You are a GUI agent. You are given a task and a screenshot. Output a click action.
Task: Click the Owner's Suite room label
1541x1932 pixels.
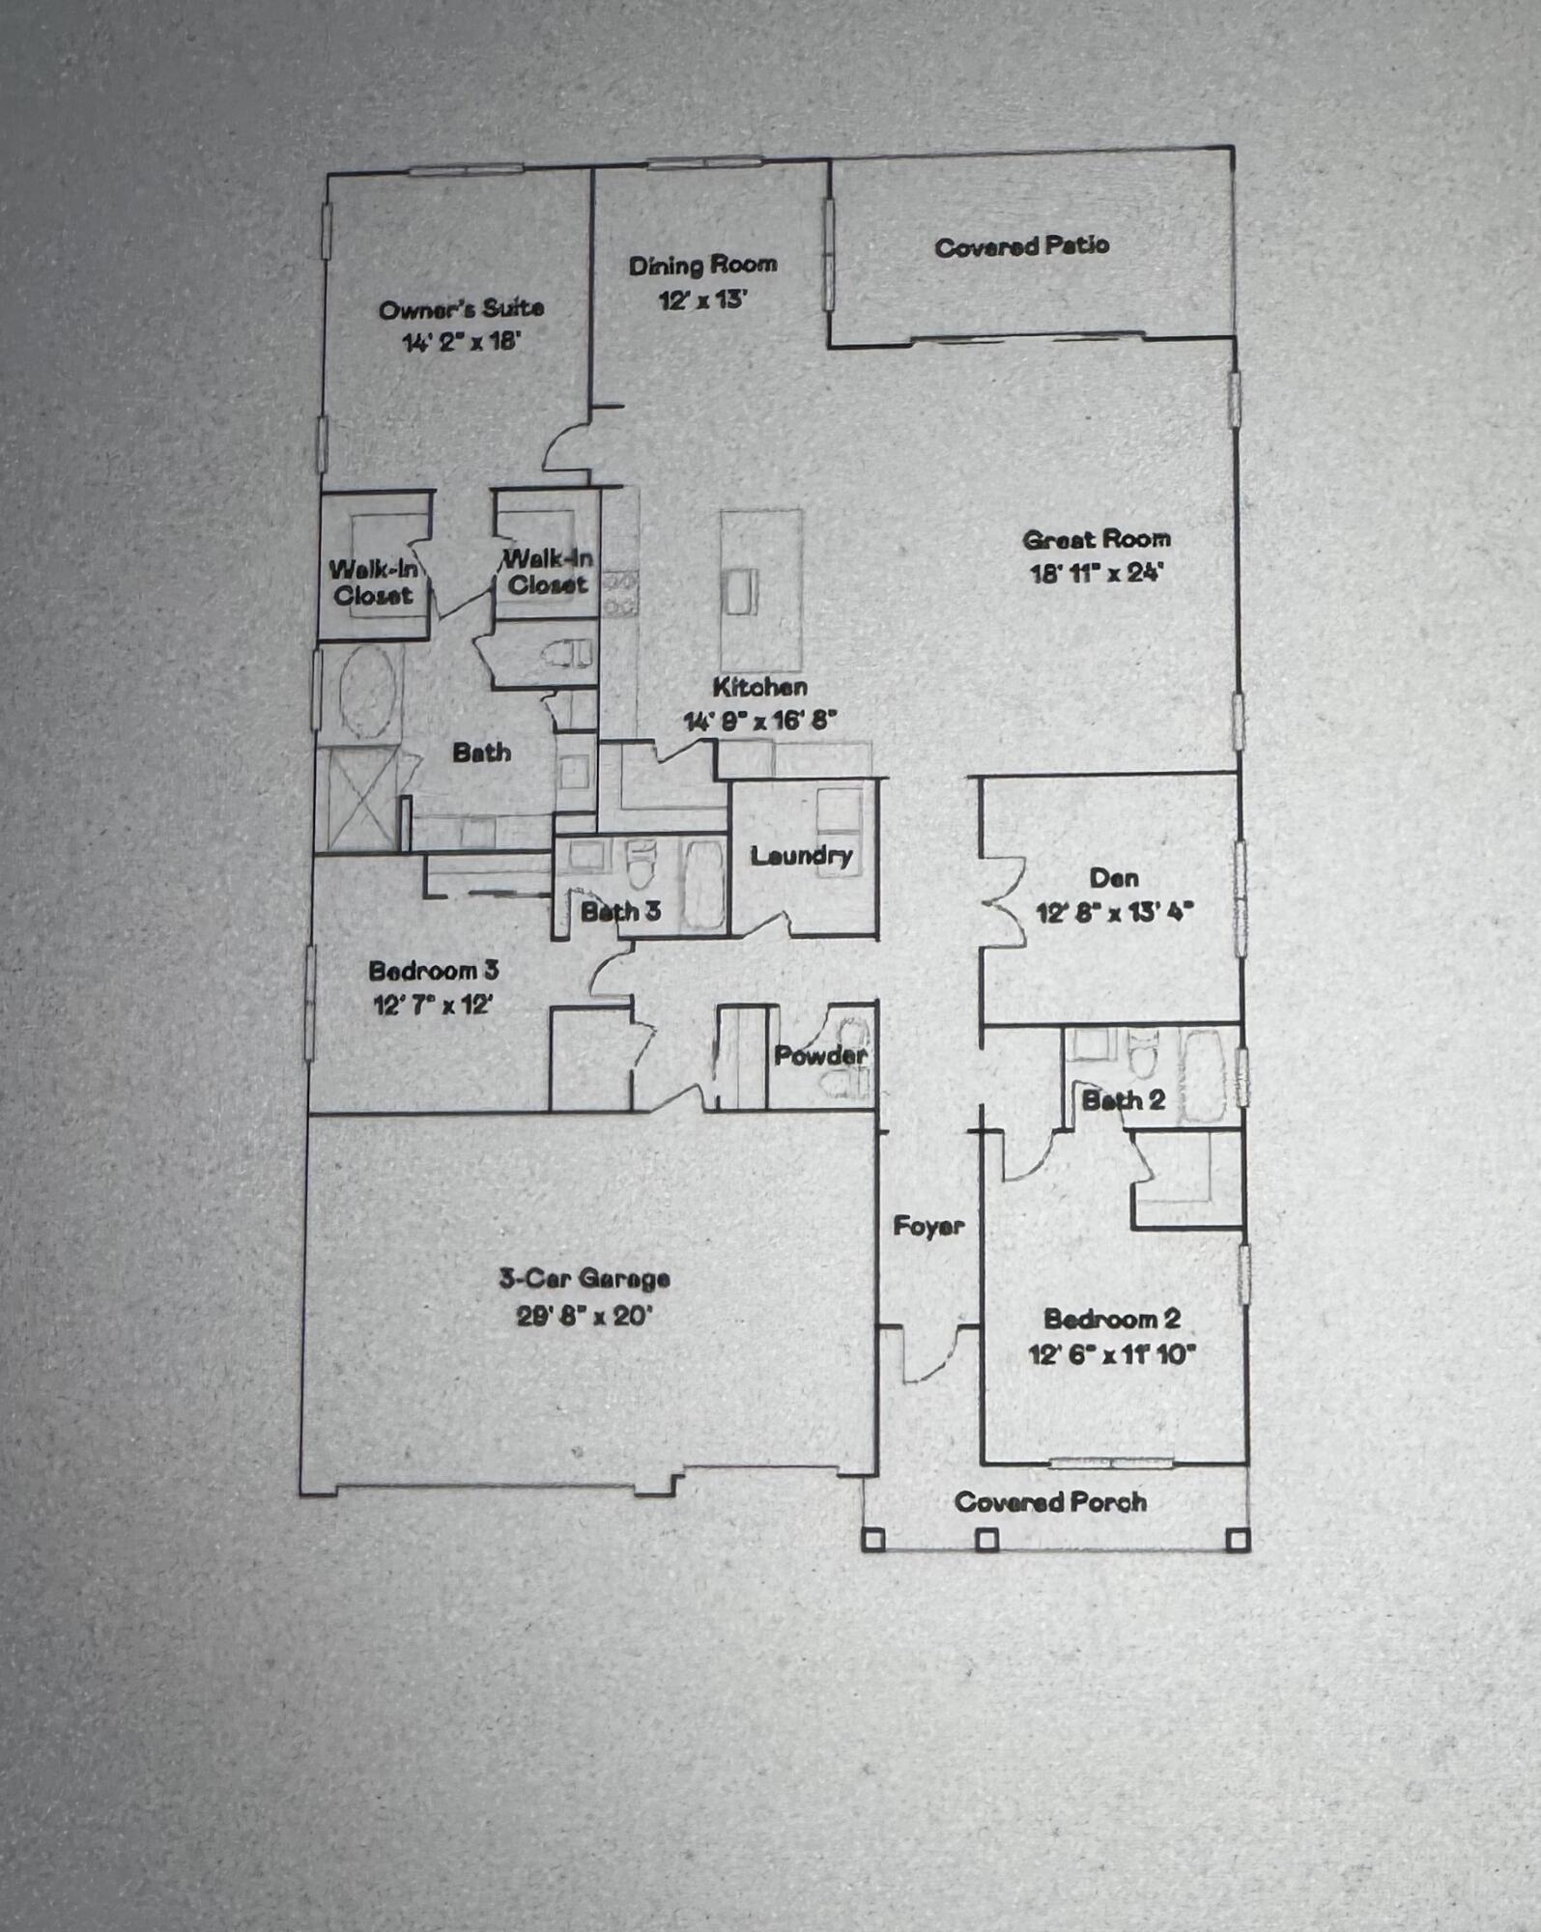[x=461, y=309]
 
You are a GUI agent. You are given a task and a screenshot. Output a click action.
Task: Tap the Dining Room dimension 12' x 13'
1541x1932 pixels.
[x=703, y=300]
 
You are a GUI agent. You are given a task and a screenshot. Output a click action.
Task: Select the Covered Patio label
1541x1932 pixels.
[x=1021, y=246]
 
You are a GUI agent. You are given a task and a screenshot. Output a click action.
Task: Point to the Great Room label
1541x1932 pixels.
[x=1096, y=539]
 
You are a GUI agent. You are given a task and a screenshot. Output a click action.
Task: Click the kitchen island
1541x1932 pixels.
[x=761, y=589]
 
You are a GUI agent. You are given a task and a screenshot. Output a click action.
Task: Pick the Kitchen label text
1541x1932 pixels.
[x=759, y=688]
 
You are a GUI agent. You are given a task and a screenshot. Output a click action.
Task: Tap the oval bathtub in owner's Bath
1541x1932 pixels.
[x=367, y=692]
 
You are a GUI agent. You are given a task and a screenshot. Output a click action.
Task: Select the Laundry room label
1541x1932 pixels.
[x=801, y=856]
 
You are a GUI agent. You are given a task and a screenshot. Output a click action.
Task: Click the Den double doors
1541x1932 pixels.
[x=1003, y=902]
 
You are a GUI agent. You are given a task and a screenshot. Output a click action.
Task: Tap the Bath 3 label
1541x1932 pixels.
[x=620, y=911]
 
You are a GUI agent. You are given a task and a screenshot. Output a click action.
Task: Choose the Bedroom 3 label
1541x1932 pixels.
[x=433, y=971]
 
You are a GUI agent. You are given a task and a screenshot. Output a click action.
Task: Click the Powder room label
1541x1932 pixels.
[x=819, y=1056]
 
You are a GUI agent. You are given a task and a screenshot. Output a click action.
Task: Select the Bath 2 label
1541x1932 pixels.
[x=1123, y=1100]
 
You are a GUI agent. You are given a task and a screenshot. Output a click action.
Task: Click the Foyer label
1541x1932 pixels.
[x=927, y=1227]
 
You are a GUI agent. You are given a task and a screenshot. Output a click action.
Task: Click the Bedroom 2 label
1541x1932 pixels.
[x=1111, y=1320]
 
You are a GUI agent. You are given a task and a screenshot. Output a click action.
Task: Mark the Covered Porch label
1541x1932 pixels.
[x=1050, y=1502]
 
